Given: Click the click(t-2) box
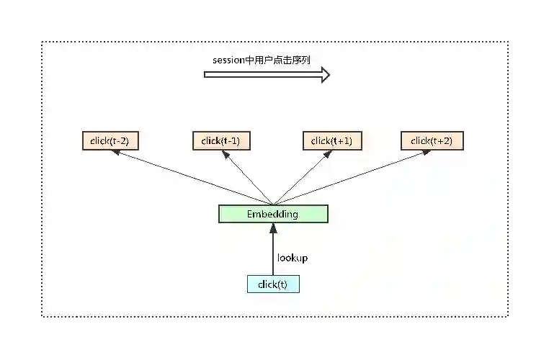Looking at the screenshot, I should [x=110, y=141].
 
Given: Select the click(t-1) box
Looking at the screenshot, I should [x=221, y=141].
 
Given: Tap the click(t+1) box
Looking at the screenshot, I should [x=331, y=141].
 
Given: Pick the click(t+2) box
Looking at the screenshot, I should [x=432, y=141].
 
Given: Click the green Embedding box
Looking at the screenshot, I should [x=273, y=214].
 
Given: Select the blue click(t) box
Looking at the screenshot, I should [x=273, y=284].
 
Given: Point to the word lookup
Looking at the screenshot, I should [x=293, y=257].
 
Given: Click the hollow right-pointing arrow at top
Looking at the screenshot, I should [x=267, y=74].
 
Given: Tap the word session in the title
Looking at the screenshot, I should [x=228, y=60].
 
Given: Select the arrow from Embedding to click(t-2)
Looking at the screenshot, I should [x=191, y=177].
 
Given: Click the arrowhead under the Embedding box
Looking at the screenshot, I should [x=273, y=228].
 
